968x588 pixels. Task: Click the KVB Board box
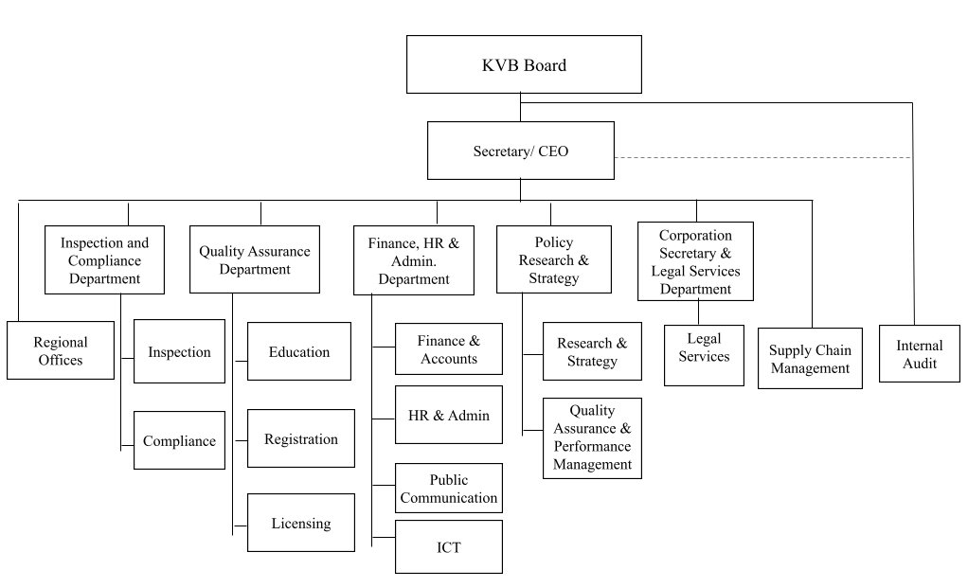pyautogui.click(x=523, y=64)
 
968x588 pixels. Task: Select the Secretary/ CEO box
pyautogui.click(x=520, y=151)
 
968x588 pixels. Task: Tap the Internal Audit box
pyautogui.click(x=919, y=353)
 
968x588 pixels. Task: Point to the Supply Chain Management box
pyautogui.click(x=810, y=358)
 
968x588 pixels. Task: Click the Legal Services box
pyautogui.click(x=704, y=355)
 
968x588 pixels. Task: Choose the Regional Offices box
pyautogui.click(x=60, y=350)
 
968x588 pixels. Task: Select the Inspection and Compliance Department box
pyautogui.click(x=104, y=260)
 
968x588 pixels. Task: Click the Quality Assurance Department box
pyautogui.click(x=254, y=259)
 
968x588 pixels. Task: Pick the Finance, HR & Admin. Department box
pyautogui.click(x=413, y=260)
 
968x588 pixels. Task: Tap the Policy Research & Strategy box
pyautogui.click(x=553, y=260)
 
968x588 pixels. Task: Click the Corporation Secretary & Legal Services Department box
pyautogui.click(x=695, y=261)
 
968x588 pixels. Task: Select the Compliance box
pyautogui.click(x=179, y=440)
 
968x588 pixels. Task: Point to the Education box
pyautogui.click(x=298, y=351)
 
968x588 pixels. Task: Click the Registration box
pyautogui.click(x=300, y=438)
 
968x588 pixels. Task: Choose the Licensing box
pyautogui.click(x=300, y=523)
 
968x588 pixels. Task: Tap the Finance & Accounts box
pyautogui.click(x=448, y=349)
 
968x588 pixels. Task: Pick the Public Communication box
pyautogui.click(x=448, y=489)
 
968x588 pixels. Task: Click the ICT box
pyautogui.click(x=448, y=547)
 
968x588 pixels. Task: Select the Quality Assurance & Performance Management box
pyautogui.click(x=592, y=437)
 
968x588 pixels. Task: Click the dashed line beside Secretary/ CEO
pyautogui.click(x=762, y=157)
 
